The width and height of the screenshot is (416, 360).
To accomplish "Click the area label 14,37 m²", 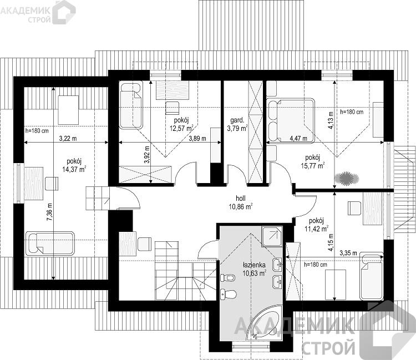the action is click(x=74, y=169).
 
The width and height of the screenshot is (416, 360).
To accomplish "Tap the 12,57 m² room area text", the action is click(x=181, y=128).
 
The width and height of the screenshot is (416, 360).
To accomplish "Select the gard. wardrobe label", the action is click(x=237, y=120).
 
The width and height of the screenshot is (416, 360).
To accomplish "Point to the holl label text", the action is click(x=241, y=198).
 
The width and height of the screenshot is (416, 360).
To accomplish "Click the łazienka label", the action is click(x=254, y=265).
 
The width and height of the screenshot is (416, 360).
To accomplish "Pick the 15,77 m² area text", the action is click(x=313, y=165).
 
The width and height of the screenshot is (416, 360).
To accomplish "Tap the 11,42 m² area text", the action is click(x=317, y=229).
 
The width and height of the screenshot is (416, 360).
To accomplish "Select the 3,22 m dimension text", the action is click(x=68, y=138).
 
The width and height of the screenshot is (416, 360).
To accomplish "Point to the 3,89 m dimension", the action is click(x=197, y=138).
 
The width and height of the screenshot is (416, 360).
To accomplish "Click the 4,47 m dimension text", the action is click(x=298, y=138).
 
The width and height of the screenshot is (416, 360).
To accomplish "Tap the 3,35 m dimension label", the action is click(x=348, y=253).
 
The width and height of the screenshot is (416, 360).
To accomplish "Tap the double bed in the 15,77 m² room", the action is click(x=291, y=121).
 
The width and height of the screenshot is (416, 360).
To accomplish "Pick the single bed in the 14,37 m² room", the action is click(x=50, y=244).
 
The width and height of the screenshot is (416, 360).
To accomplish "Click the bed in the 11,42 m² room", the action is click(x=372, y=276).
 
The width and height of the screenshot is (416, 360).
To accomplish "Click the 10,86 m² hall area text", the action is click(x=241, y=206).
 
